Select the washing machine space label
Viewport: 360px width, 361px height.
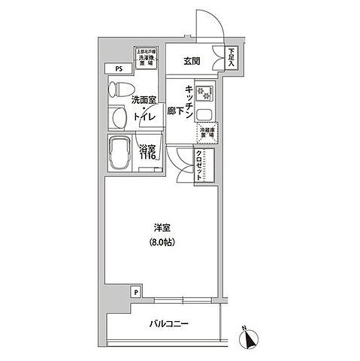(x=145, y=58)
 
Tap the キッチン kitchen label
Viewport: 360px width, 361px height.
(x=192, y=102)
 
